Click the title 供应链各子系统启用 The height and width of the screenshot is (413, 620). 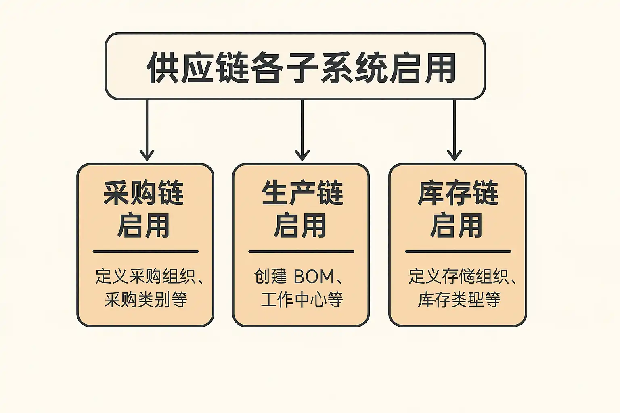click(x=301, y=67)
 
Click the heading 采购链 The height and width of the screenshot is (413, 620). click(x=144, y=193)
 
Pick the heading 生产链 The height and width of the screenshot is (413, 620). click(x=302, y=193)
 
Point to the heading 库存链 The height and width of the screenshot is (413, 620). click(x=458, y=193)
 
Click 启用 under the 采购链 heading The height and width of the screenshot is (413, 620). click(x=144, y=225)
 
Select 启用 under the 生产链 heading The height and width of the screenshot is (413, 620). click(x=300, y=225)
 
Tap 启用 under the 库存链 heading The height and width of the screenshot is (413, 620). click(x=457, y=225)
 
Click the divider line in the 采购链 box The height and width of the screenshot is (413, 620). click(x=145, y=252)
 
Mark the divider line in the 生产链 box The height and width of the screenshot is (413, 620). click(x=301, y=252)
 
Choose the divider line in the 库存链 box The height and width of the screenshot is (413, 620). click(x=458, y=252)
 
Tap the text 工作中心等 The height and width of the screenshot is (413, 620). click(x=302, y=300)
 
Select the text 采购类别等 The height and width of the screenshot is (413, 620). click(x=146, y=300)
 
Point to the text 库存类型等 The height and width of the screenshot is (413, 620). click(x=459, y=300)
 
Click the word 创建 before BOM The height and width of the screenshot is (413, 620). click(x=270, y=277)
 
